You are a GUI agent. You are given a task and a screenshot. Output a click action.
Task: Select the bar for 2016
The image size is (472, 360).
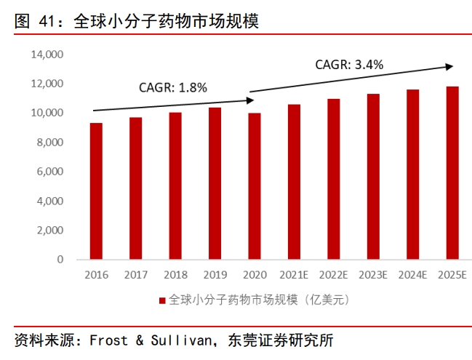96,191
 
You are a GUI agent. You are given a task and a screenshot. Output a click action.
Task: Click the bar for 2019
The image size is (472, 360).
215,183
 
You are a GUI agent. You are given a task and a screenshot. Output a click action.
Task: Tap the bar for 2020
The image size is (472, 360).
255,186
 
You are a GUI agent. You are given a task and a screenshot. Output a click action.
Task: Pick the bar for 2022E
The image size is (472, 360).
333,179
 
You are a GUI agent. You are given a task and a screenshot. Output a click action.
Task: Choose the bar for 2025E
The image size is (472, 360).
452,173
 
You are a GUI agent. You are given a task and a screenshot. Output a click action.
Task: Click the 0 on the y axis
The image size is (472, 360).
60,260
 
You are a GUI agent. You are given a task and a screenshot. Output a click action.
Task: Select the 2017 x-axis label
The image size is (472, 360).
136,275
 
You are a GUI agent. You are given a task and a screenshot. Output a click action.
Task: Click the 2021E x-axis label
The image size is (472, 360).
294,275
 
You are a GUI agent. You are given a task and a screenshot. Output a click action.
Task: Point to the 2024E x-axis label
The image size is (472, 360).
412,275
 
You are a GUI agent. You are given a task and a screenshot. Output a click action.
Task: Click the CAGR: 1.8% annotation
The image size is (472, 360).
173,88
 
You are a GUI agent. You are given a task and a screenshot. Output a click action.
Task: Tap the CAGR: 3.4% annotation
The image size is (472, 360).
349,65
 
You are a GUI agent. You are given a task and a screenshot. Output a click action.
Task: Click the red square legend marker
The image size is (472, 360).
163,300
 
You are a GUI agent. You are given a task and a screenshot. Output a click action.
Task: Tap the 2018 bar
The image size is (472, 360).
175,186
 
